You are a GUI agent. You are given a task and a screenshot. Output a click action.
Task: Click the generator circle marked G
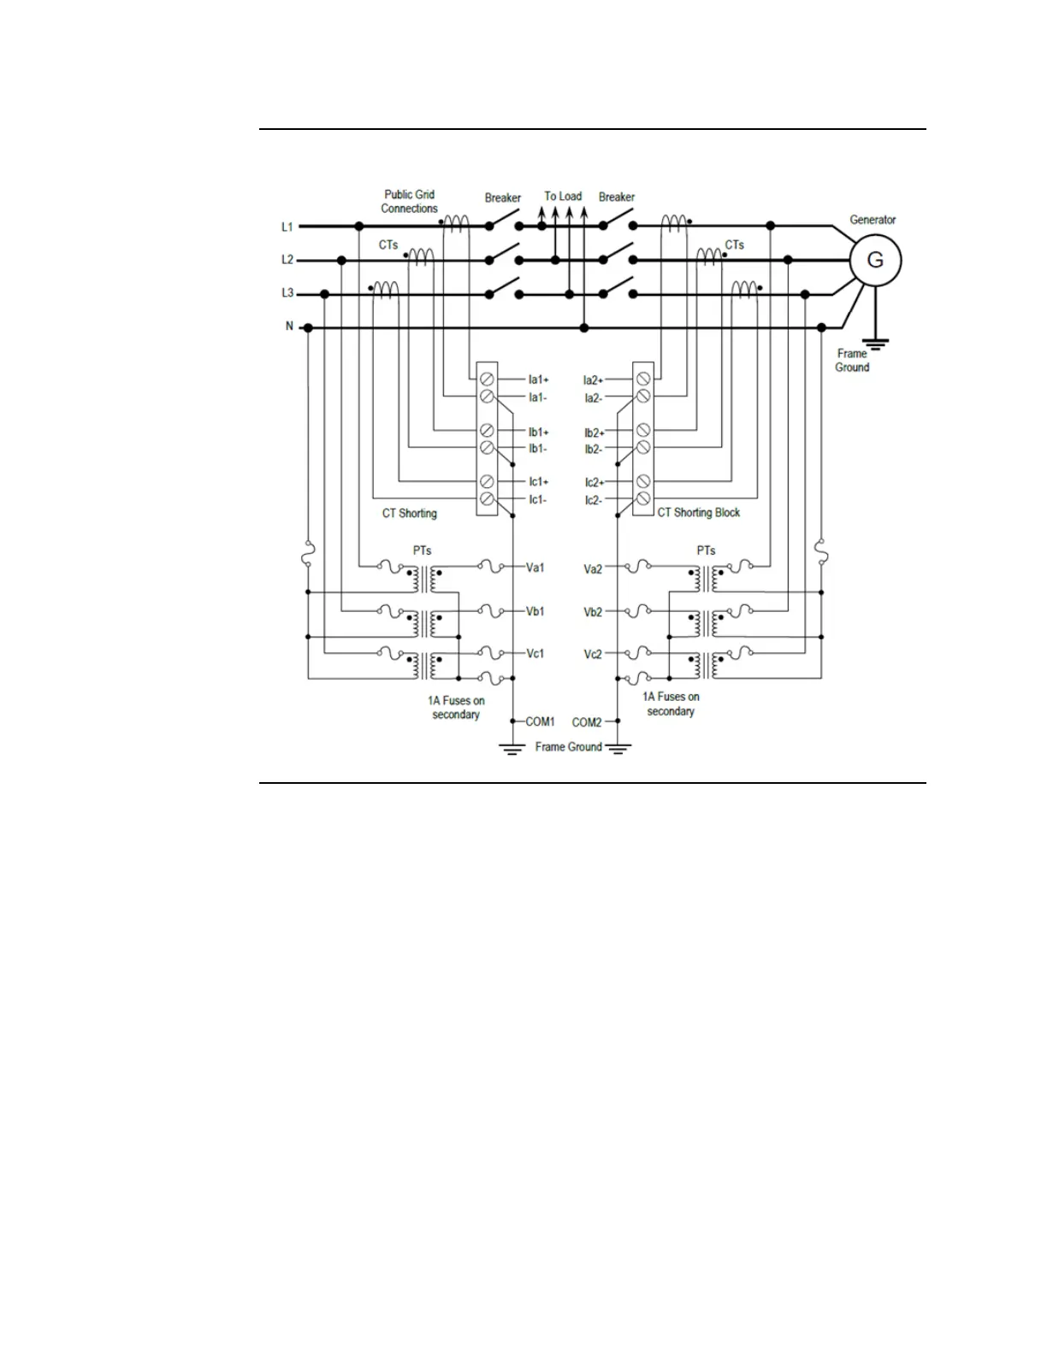[x=875, y=260]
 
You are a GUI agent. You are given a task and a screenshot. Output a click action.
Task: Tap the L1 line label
[x=287, y=227]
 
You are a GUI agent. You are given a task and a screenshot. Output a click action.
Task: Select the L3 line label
[x=287, y=293]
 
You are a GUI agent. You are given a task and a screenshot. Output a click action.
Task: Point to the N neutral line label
[x=289, y=327]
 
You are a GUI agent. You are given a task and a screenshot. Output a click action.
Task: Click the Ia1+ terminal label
[x=539, y=380]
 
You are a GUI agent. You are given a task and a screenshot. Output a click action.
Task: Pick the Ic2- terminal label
[x=594, y=500]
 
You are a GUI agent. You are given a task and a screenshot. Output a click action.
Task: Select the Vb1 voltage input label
[x=535, y=611]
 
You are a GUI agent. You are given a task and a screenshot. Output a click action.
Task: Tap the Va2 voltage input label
[x=593, y=568]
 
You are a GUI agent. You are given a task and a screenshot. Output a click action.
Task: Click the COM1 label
[x=540, y=721]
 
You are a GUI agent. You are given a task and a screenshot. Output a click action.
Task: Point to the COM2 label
[x=587, y=722]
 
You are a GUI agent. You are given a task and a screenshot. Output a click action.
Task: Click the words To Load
[x=563, y=196]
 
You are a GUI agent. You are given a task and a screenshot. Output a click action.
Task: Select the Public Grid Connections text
[x=410, y=202]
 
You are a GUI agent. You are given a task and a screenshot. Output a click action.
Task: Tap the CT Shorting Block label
[x=698, y=513]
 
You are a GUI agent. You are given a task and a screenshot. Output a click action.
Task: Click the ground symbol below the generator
[x=878, y=344]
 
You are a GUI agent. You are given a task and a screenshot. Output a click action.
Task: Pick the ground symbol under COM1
[x=512, y=750]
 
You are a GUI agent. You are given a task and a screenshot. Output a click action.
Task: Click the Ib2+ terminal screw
[x=642, y=431]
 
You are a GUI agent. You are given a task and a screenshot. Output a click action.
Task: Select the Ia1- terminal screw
[x=487, y=397]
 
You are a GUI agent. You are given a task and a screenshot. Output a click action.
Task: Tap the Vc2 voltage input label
[x=593, y=654]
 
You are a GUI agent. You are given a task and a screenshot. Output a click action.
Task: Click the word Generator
[x=872, y=220]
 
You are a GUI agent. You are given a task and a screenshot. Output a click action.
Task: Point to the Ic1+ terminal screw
[x=487, y=481]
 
